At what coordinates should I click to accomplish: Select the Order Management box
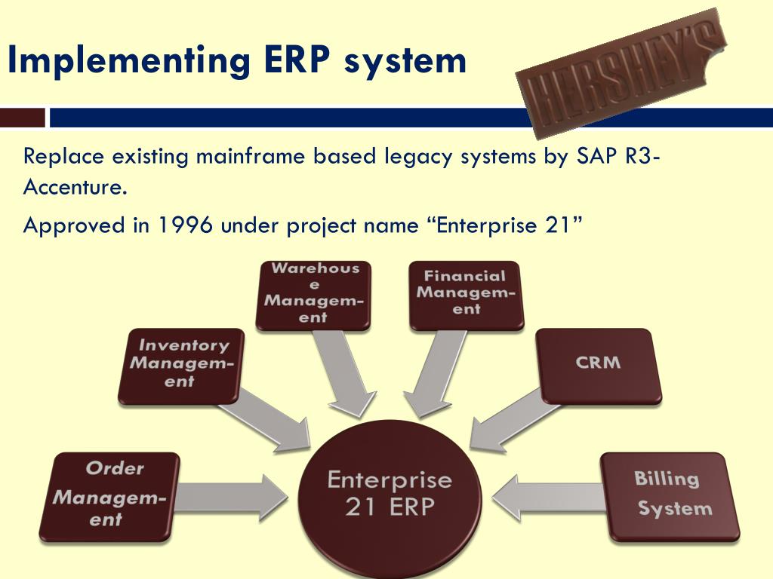point(109,495)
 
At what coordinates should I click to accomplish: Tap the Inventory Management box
point(181,366)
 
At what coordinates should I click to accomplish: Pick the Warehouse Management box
point(313,295)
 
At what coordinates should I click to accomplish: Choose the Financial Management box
point(467,295)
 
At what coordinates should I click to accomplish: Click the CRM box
point(598,365)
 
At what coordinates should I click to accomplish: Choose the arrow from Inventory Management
point(268,422)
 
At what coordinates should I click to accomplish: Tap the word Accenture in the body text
point(73,187)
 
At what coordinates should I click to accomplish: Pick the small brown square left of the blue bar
point(23,118)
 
